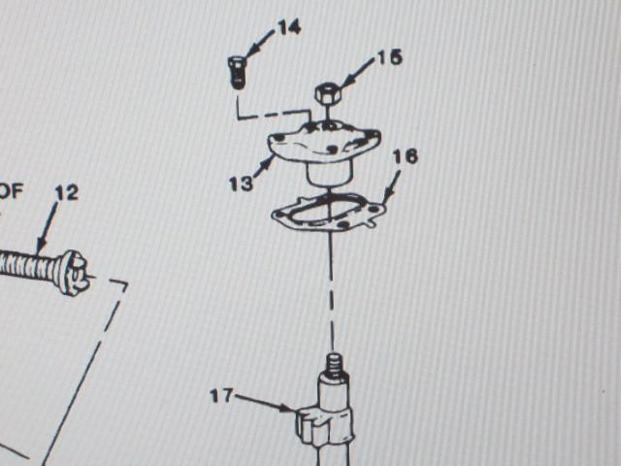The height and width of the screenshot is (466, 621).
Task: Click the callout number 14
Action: (289, 27)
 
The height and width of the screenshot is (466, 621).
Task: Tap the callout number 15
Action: (390, 58)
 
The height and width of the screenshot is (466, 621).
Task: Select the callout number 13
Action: (241, 183)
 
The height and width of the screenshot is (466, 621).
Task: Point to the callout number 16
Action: (406, 156)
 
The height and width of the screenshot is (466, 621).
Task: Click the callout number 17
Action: (222, 396)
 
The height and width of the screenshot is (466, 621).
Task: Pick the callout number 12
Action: (67, 193)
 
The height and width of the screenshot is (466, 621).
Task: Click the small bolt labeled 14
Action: (237, 73)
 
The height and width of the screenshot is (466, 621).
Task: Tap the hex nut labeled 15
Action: (328, 94)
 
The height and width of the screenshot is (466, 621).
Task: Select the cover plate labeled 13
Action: (324, 151)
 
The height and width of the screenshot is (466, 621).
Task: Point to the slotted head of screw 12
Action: (74, 273)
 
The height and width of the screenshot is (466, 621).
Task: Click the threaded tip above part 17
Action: (335, 365)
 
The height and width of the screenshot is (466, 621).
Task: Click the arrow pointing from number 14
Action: (261, 44)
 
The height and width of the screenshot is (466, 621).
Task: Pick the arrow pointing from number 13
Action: (263, 168)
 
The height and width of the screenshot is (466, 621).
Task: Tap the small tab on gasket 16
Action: (370, 224)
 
